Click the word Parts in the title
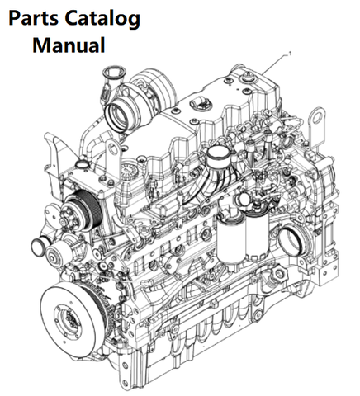pos(34,19)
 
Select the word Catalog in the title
pos(102,20)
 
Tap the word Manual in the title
pos(69,45)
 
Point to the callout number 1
pos(289,53)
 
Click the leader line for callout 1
pos(275,64)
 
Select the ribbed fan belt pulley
pos(82,207)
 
